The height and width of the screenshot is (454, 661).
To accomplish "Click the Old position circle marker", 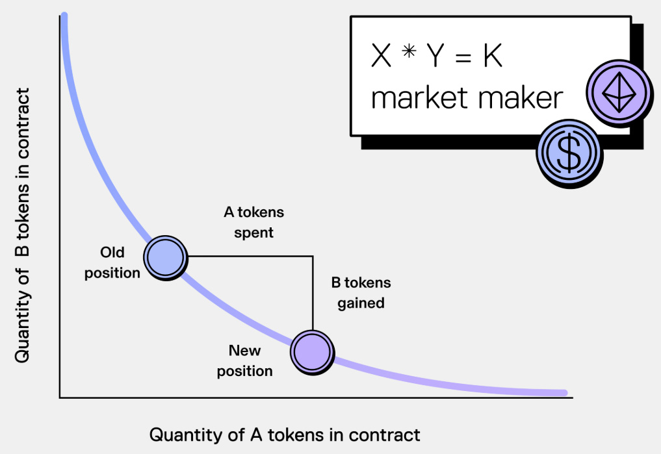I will click(x=165, y=257).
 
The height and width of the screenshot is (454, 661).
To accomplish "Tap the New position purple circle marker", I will click(x=313, y=351).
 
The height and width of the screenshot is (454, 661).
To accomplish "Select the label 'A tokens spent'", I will click(x=253, y=222).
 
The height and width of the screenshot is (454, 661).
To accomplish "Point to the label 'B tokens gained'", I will click(x=361, y=292).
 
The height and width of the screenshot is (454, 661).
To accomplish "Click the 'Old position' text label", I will click(x=112, y=262).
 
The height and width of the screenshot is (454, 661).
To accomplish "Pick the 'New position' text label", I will click(x=244, y=360).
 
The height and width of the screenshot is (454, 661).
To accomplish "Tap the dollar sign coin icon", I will click(x=569, y=153).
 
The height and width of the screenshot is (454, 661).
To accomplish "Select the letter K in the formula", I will click(x=493, y=58).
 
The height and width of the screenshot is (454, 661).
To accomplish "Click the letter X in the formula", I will click(x=382, y=58).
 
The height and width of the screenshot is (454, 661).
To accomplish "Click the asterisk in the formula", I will click(x=408, y=55).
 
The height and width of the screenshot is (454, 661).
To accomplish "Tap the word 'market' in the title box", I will click(x=417, y=98).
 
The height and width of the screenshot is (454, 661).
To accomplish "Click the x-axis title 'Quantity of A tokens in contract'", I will click(x=285, y=435).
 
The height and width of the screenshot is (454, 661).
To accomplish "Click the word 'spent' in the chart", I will click(x=254, y=232).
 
